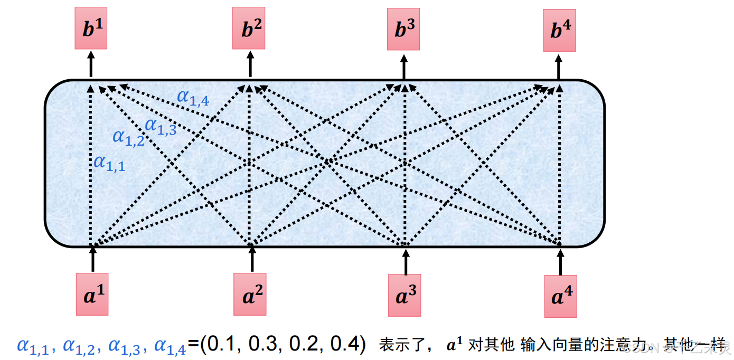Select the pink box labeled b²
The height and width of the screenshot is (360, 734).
coord(249,29)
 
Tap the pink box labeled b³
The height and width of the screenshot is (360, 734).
coord(403,30)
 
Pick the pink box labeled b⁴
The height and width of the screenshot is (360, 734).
coord(559,31)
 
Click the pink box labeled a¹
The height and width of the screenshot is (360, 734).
coord(92,295)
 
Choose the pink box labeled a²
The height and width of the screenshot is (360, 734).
coord(250,295)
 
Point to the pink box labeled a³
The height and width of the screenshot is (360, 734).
coord(404,296)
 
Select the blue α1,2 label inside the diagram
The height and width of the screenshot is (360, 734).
coord(128,138)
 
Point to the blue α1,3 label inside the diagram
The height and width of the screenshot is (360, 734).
coord(161,127)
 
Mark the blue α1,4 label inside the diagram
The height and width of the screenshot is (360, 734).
coord(193,97)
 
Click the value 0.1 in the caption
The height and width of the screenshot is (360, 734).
coord(223,345)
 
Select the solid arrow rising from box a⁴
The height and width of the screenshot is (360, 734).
coord(560,262)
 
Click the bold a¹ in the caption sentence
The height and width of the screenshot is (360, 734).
coord(455,345)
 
